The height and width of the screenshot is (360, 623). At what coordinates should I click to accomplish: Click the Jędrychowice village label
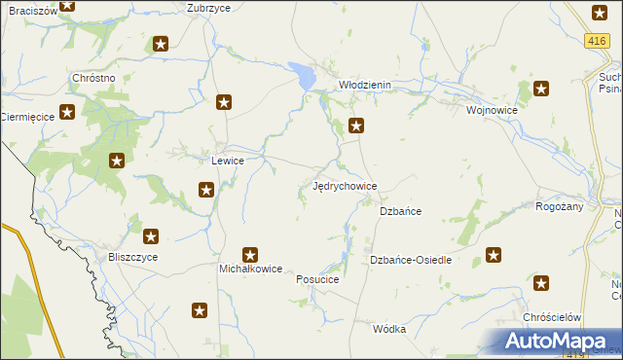pyautogui.click(x=344, y=185)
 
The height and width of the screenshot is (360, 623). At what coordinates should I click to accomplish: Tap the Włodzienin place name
pyautogui.click(x=364, y=85)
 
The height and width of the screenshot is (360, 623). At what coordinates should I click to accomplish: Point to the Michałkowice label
pyautogui.click(x=250, y=268)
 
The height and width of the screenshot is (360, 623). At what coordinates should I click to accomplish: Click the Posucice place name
pyautogui.click(x=317, y=279)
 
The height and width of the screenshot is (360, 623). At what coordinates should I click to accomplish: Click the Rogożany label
pyautogui.click(x=559, y=206)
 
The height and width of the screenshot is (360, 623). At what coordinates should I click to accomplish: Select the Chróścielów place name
pyautogui.click(x=552, y=318)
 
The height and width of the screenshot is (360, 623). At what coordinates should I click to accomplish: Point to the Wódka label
pyautogui.click(x=388, y=329)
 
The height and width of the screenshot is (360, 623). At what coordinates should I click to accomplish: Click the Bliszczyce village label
pyautogui.click(x=133, y=257)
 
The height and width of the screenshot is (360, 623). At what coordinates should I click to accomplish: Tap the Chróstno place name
pyautogui.click(x=94, y=78)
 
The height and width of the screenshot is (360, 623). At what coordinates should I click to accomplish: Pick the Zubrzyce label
pyautogui.click(x=208, y=7)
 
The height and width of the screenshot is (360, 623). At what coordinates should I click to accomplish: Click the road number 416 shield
pyautogui.click(x=598, y=40)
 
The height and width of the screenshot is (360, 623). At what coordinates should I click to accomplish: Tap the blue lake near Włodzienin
pyautogui.click(x=303, y=73)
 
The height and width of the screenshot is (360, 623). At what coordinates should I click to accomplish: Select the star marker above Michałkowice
pyautogui.click(x=250, y=255)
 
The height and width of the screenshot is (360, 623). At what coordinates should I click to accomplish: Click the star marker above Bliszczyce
pyautogui.click(x=151, y=235)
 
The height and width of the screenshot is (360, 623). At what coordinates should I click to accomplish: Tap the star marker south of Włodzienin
pyautogui.click(x=357, y=125)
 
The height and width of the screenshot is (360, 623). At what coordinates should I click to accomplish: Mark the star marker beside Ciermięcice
pyautogui.click(x=67, y=112)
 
